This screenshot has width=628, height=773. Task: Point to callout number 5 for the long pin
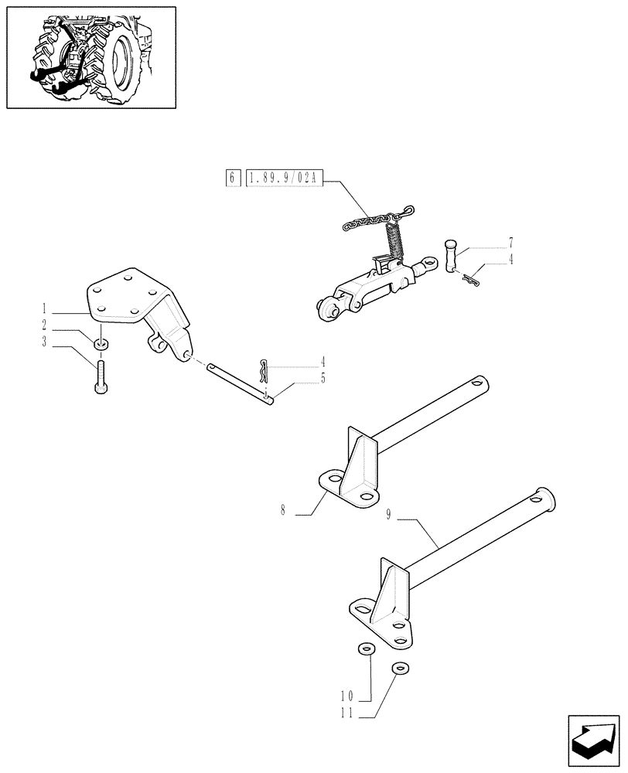[x=323, y=379]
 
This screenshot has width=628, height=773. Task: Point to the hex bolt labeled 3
[x=101, y=377]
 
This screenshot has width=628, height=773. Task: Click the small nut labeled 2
[x=101, y=342]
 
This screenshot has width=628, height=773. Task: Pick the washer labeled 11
[x=399, y=669]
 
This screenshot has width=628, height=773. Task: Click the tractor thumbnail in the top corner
[x=90, y=57]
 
